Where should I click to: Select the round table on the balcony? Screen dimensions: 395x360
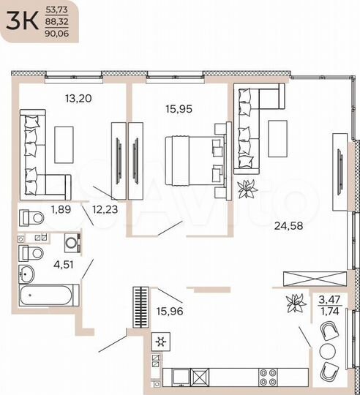tap(327, 352)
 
